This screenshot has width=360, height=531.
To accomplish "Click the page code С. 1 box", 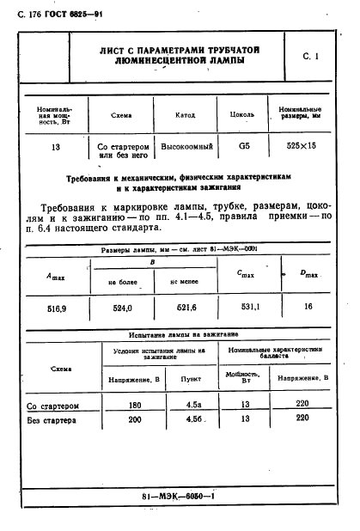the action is tap(310, 57).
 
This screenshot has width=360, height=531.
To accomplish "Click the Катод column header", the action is tap(184, 114).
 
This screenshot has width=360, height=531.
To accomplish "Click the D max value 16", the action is tap(309, 307).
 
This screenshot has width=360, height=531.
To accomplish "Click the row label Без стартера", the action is tap(52, 421).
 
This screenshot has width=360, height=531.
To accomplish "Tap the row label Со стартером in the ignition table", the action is tap(53, 405).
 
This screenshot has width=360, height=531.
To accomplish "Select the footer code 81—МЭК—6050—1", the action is tap(177, 497).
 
